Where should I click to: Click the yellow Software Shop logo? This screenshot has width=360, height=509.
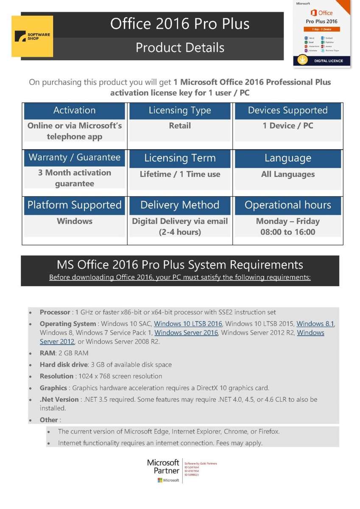pos(32,36)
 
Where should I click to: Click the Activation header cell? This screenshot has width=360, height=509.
pos(75,111)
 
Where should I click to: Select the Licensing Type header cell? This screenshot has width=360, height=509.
pos(180,111)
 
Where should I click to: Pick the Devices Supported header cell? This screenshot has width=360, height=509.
pos(287,111)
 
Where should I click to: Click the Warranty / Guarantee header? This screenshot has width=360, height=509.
pos(75,158)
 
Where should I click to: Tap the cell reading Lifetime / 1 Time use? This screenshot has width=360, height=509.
pos(180,174)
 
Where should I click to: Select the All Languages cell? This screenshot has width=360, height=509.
pos(287,174)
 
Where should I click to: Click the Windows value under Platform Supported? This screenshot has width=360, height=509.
pos(75,221)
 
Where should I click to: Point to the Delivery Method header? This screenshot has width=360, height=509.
pos(180,205)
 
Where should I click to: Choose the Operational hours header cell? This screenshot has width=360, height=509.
pos(287,205)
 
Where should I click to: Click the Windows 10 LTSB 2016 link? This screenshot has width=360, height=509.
pos(188,324)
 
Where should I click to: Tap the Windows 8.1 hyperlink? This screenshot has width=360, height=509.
pos(315,324)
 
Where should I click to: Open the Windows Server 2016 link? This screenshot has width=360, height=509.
pos(186,333)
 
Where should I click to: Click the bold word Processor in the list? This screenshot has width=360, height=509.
pos(55,312)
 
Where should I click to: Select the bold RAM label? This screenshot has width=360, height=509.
pos(47,353)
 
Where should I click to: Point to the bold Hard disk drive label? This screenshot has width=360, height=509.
pos(63,365)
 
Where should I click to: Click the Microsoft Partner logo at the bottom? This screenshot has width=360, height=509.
pos(164,470)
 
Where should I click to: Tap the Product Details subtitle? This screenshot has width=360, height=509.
pos(180,48)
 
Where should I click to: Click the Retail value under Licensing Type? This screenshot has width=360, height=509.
pos(180,126)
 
